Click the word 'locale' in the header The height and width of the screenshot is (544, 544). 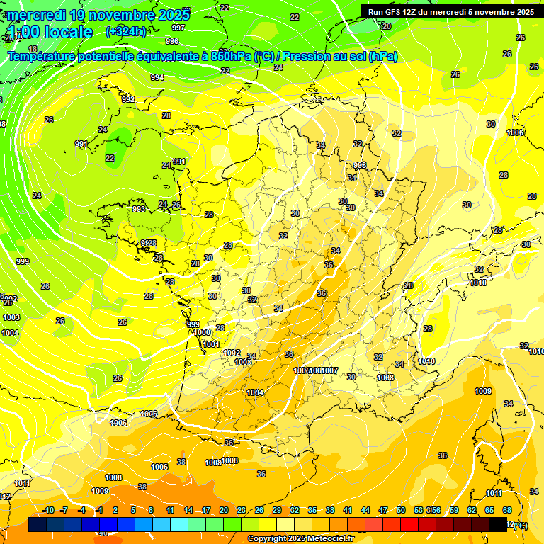pyautogui.click(x=69, y=32)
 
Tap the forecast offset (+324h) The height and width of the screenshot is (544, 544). pyautogui.click(x=126, y=31)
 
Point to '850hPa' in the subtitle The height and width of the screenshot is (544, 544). pyautogui.click(x=231, y=57)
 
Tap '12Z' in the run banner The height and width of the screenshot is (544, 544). pyautogui.click(x=412, y=11)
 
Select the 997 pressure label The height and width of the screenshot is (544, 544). pyautogui.click(x=178, y=28)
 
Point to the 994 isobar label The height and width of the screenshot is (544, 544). pyautogui.click(x=157, y=77)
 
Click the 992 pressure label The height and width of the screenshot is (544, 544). pyautogui.click(x=128, y=100)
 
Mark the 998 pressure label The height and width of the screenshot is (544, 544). pyautogui.click(x=360, y=166)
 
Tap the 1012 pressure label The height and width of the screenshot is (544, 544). pyautogui.click(x=232, y=353)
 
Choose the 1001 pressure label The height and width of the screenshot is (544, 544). pyautogui.click(x=211, y=345)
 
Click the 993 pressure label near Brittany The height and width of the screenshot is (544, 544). pyautogui.click(x=139, y=210)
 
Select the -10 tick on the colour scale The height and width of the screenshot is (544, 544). pyautogui.click(x=48, y=511)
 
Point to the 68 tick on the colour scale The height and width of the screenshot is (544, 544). pyautogui.click(x=507, y=511)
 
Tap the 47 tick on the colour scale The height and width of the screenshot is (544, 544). pyautogui.click(x=383, y=511)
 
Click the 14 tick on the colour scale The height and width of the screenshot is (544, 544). pyautogui.click(x=188, y=511)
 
